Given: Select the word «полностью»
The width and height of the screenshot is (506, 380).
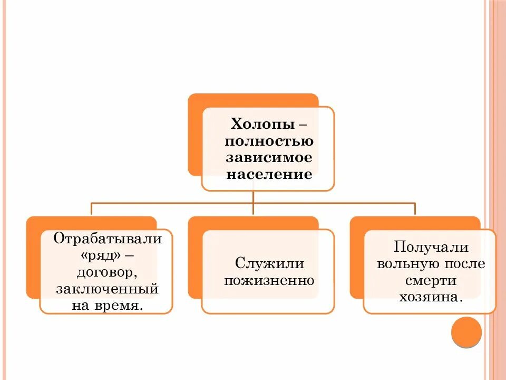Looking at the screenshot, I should (269, 141).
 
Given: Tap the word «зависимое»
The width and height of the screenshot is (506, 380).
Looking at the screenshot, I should (269, 158).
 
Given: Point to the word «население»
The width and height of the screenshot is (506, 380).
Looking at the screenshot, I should (269, 174).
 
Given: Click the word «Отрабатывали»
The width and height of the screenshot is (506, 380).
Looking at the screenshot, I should (107, 239).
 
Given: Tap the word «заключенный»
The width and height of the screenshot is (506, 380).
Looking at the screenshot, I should (107, 289).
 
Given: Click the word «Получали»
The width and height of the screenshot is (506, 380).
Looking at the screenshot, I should (431, 247).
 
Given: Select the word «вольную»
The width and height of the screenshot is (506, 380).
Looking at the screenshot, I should (404, 263).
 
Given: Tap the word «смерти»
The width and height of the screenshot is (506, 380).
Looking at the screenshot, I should (431, 280).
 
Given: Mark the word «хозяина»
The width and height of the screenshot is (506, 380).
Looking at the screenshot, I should (430, 297).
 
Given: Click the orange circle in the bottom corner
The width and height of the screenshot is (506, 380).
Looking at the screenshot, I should (466, 331).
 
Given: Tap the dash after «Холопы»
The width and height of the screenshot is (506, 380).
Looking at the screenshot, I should (302, 126).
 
